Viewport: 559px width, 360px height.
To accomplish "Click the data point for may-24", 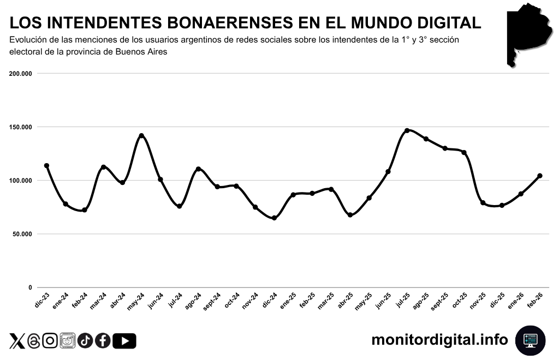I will (x=141, y=136).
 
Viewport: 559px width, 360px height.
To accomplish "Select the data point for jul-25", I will (x=407, y=131).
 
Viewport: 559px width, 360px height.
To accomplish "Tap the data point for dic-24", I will (x=274, y=218).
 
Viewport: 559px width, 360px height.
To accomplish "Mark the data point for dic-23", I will (x=46, y=166).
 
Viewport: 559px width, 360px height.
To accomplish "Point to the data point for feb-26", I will (x=539, y=176).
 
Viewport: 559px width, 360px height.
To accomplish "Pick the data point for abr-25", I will (x=350, y=215).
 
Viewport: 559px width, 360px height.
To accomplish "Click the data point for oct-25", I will (x=464, y=153).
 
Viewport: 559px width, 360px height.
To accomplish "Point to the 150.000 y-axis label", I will (x=21, y=127).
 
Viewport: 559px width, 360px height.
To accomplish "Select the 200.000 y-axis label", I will (x=21, y=74).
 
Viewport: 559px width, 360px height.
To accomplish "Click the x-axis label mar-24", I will (x=98, y=301).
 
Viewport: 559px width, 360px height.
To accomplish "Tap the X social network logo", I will (x=17, y=341).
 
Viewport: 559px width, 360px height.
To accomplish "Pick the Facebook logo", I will (x=103, y=341).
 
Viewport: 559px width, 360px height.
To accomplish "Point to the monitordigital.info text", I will (x=439, y=340).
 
